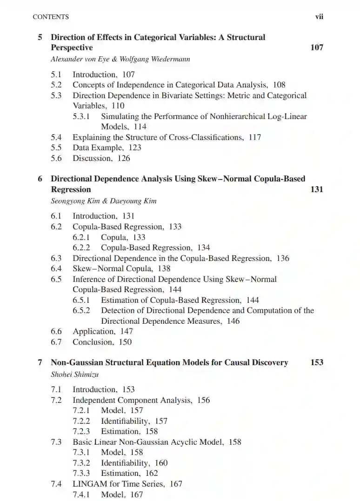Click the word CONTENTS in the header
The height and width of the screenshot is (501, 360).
click(x=51, y=17)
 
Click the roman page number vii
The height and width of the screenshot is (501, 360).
click(x=319, y=17)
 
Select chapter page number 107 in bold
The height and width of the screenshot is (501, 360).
click(x=317, y=47)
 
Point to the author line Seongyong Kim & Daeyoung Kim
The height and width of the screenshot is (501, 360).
click(x=103, y=201)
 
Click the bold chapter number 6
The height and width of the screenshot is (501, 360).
click(x=40, y=179)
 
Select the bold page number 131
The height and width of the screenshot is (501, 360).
click(x=317, y=189)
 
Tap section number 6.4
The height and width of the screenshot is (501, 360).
click(x=56, y=268)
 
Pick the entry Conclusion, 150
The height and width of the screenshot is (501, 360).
click(x=102, y=342)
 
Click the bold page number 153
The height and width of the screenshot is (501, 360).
click(x=317, y=362)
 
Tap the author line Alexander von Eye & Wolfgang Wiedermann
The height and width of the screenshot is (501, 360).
click(x=120, y=59)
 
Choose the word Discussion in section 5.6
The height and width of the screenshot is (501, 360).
click(x=92, y=158)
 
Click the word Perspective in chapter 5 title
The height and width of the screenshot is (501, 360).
click(x=72, y=47)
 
